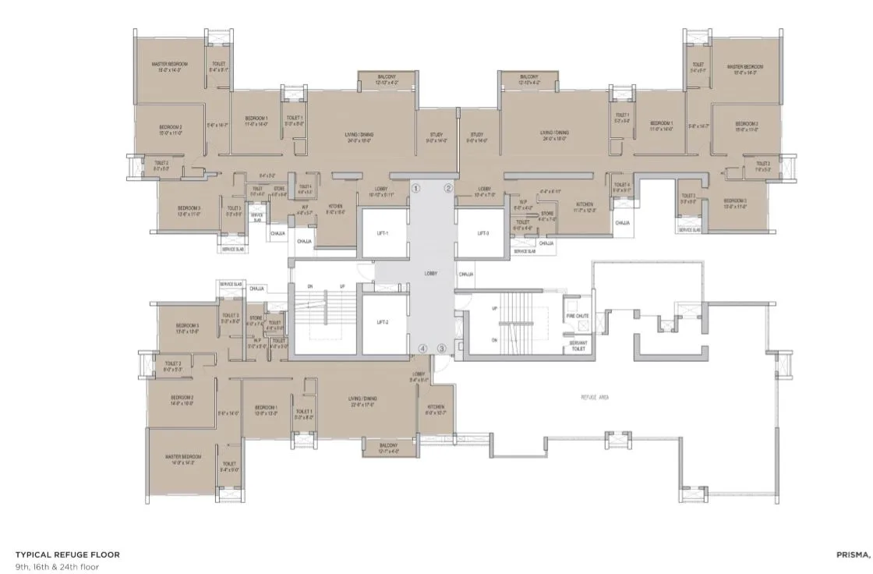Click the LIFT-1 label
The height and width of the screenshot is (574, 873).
point(382,233)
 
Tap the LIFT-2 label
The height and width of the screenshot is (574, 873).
point(382,321)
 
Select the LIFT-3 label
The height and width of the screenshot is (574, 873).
point(482,233)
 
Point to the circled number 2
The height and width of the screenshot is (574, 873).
point(448,188)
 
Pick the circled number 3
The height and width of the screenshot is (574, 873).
point(441,349)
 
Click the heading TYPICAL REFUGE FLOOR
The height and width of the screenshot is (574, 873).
point(68,555)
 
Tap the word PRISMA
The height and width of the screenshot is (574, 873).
point(853,555)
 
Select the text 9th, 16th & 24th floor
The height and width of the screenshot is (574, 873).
point(57,567)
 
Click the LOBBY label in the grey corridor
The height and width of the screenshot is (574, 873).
point(431,274)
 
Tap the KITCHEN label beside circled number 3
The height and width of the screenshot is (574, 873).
point(436,407)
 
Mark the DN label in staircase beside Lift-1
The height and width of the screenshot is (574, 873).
point(309,287)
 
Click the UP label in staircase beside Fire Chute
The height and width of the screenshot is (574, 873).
point(493,309)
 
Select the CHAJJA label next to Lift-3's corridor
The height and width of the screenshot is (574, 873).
point(466,274)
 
